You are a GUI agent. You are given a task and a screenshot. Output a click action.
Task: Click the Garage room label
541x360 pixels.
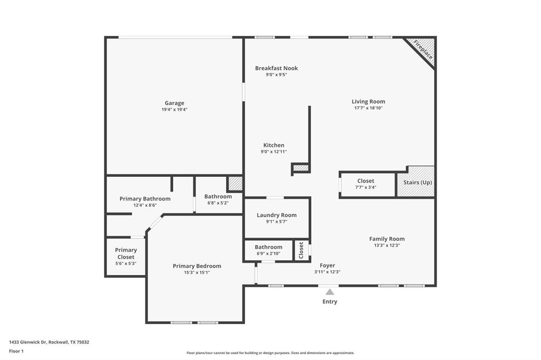174,103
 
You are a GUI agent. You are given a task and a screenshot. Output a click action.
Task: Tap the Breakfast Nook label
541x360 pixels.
276,68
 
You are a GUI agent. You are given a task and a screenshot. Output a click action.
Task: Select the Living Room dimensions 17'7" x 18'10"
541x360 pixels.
368,108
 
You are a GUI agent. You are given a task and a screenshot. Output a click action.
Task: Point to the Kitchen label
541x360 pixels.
274,145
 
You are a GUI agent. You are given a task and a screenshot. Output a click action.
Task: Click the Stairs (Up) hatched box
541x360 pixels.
417,183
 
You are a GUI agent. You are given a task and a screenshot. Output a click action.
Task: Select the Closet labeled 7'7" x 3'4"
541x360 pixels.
366,184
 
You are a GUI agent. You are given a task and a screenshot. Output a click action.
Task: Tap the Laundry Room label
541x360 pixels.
276,215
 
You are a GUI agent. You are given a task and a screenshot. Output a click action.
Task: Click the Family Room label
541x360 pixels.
387,239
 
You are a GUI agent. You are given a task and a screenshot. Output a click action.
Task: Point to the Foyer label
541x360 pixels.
328,266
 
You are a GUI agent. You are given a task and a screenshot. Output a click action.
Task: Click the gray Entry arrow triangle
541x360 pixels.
330,292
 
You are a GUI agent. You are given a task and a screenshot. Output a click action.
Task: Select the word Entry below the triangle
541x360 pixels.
330,302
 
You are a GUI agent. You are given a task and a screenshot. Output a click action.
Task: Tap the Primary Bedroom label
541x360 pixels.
197,266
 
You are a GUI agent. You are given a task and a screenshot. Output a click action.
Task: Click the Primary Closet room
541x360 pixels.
126,256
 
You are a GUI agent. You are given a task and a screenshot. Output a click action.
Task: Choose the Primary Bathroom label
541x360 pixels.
145,199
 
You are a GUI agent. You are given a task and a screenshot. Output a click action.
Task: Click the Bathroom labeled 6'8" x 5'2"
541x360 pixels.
218,199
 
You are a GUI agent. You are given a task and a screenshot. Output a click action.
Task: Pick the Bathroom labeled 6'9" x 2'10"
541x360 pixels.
268,250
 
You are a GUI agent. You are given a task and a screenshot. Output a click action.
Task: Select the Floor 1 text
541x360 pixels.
16,351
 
